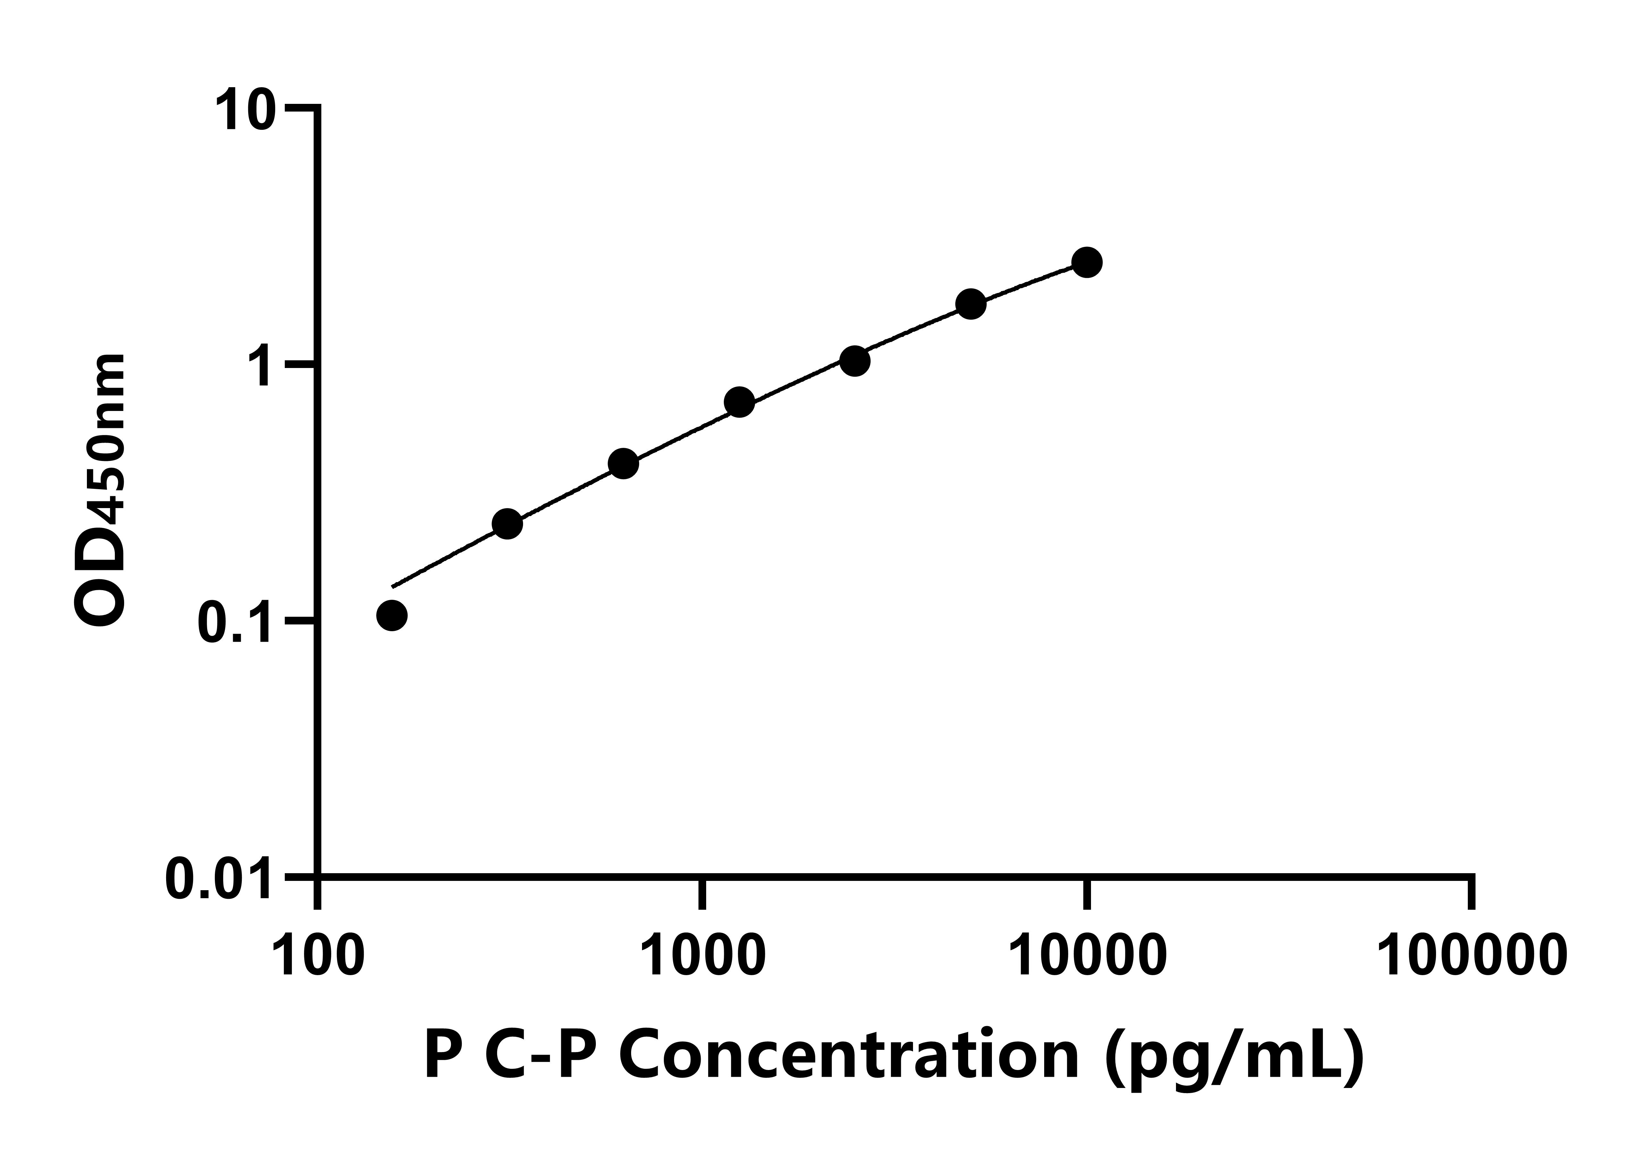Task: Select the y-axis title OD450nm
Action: (x=101, y=492)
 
